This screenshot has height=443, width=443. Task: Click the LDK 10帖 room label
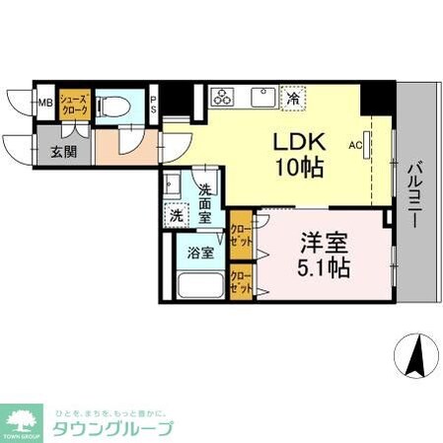297,154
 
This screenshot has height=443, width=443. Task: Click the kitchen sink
262,98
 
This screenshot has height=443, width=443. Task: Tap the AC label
355,143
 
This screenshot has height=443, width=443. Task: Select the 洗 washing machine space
175,213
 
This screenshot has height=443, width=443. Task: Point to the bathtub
199,286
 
